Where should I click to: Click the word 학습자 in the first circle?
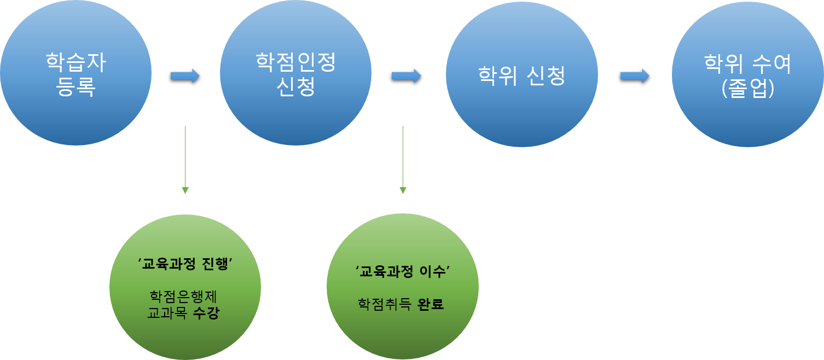coord(76,63)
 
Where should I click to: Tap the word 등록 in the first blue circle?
coord(76,87)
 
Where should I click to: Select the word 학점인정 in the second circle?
coord(295,62)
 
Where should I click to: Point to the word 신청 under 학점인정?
coord(295,86)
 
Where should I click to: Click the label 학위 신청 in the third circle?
coord(521,76)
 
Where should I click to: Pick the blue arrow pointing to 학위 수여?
coord(635,76)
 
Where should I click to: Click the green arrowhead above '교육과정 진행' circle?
coord(185,190)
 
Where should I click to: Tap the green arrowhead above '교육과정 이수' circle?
coord(403,190)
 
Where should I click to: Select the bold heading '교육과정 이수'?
coord(403,271)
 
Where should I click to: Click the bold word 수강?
coord(206,315)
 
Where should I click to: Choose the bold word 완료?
coord(430,304)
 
